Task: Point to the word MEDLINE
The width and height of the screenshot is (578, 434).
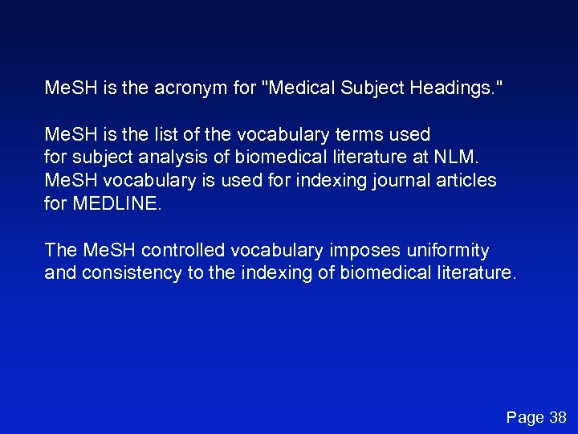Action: (116, 204)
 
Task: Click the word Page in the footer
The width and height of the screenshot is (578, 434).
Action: (525, 417)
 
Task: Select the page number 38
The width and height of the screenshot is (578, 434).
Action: (557, 417)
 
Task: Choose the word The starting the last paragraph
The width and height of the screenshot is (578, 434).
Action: (61, 251)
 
